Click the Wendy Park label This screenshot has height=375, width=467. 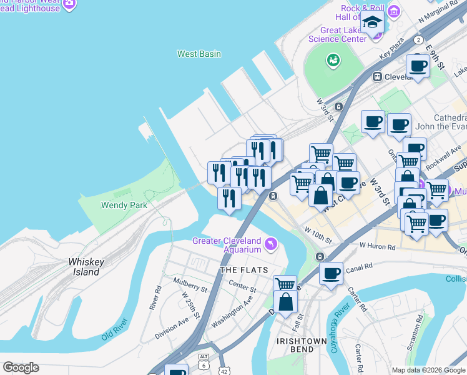[124, 205]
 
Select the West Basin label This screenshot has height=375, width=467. [199, 54]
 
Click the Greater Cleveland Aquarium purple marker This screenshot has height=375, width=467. [270, 242]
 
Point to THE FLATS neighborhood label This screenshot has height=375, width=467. [243, 270]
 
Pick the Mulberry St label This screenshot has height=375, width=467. [190, 289]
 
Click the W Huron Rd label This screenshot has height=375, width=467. [377, 247]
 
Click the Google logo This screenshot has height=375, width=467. [21, 367]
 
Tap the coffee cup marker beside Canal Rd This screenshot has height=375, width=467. [331, 273]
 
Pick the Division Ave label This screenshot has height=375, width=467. [171, 329]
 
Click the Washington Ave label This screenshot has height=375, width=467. [232, 311]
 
